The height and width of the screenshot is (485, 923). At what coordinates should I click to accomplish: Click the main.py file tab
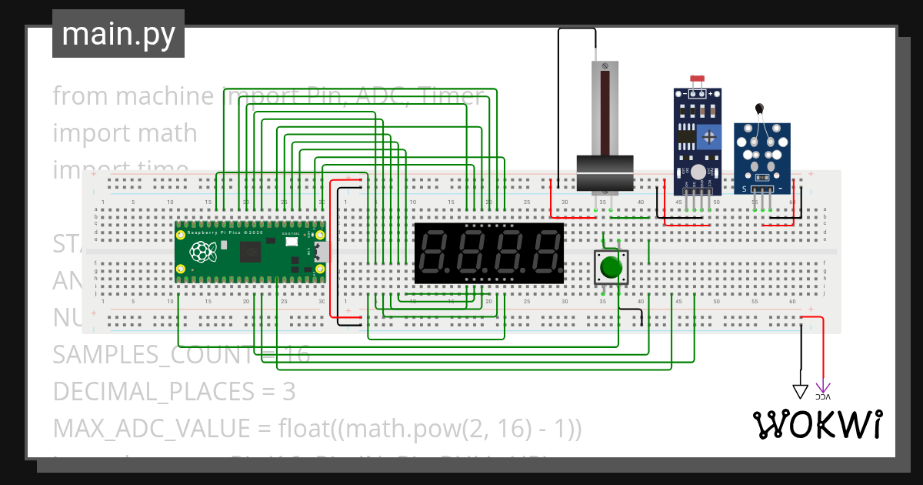(x=118, y=35)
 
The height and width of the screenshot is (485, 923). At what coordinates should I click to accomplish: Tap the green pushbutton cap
(x=611, y=267)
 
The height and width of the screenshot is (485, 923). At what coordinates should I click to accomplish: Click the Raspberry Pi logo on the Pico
(x=203, y=251)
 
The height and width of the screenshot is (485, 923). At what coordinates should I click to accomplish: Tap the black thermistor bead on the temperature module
(x=760, y=110)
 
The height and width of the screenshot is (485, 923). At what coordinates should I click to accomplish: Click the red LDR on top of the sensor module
(x=698, y=79)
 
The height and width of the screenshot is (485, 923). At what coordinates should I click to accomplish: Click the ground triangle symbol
(x=801, y=392)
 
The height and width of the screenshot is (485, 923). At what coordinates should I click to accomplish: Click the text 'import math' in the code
(x=125, y=133)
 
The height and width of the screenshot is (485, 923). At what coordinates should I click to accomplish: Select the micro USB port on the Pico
(x=319, y=252)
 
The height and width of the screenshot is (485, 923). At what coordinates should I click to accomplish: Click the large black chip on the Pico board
(x=251, y=252)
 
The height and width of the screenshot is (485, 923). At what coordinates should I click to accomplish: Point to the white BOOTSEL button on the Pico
(x=291, y=242)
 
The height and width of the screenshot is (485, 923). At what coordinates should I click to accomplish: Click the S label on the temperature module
(x=744, y=188)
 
